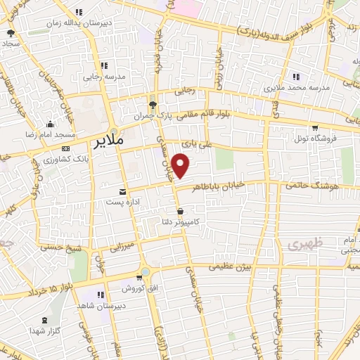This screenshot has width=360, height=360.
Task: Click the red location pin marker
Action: click(x=181, y=166)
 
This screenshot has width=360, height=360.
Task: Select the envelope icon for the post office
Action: click(x=124, y=192)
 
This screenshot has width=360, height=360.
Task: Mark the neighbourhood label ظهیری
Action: click(x=303, y=244)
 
